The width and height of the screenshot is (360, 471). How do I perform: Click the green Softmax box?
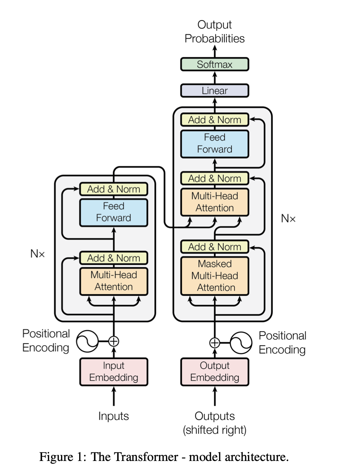[215, 64]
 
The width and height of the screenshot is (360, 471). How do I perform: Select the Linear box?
[215, 91]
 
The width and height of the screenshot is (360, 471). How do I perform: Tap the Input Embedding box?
[114, 372]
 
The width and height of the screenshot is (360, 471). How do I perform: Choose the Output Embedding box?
[215, 372]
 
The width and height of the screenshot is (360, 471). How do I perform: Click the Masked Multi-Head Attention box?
[215, 276]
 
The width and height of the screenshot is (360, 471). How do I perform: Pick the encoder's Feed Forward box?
[114, 212]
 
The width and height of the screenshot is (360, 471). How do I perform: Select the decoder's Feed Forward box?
[215, 143]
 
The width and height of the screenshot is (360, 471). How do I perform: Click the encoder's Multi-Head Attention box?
[114, 281]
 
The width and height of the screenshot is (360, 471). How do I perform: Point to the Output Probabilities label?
[215, 32]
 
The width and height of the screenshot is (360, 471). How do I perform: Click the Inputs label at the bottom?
[114, 416]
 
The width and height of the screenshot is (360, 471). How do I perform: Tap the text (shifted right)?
[215, 430]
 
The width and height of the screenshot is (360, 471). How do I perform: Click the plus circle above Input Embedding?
[114, 341]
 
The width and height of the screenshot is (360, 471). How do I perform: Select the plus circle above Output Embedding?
[215, 342]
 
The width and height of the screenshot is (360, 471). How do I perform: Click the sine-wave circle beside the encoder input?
[87, 341]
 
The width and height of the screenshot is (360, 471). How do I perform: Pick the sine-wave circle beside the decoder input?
[241, 342]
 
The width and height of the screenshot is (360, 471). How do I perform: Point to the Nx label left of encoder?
[38, 254]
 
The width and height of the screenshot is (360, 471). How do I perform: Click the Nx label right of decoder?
[288, 219]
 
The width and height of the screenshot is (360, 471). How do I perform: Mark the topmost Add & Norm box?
[215, 120]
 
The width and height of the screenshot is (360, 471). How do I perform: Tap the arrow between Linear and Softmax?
[215, 78]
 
